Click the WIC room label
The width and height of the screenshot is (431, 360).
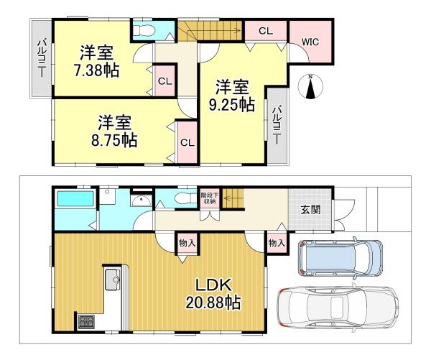pyautogui.click(x=310, y=42)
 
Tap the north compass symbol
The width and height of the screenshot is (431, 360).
pyautogui.click(x=310, y=86)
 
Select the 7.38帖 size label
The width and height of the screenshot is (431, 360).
pyautogui.click(x=96, y=70)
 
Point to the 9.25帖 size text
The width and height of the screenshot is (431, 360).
pyautogui.click(x=231, y=104)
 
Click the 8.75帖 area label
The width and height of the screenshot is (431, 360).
pyautogui.click(x=114, y=140)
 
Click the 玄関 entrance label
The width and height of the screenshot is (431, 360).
pyautogui.click(x=310, y=210)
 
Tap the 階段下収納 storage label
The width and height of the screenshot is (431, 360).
pyautogui.click(x=210, y=198)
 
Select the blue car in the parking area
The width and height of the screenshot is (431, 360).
pyautogui.click(x=340, y=258)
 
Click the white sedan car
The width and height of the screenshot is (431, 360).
pyautogui.click(x=338, y=306)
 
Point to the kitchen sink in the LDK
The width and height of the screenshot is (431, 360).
pyautogui.click(x=113, y=280)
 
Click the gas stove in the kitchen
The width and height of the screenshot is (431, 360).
pyautogui.click(x=86, y=321)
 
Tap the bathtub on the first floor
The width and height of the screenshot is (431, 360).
pyautogui.click(x=75, y=198)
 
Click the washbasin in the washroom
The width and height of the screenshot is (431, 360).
pyautogui.click(x=141, y=200)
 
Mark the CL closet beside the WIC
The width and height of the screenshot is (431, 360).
pyautogui.click(x=266, y=31)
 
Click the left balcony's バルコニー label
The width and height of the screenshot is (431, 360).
pyautogui.click(x=42, y=58)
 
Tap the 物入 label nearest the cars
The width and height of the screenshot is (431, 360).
pyautogui.click(x=277, y=243)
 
